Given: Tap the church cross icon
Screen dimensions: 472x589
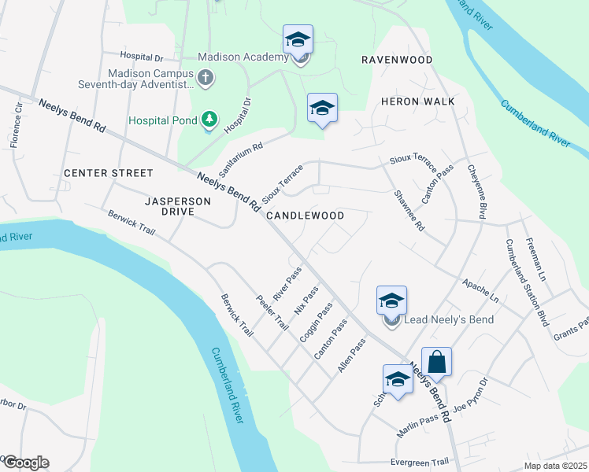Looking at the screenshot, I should point(205,77).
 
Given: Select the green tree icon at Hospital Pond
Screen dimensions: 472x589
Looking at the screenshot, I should point(209,120).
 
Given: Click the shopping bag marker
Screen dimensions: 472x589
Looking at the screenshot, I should point(437,363).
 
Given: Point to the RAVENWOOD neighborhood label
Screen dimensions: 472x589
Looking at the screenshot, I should point(397,60).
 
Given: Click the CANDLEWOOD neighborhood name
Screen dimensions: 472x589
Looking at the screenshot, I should point(305,215).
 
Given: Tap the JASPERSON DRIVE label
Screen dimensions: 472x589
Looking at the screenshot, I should point(178,207).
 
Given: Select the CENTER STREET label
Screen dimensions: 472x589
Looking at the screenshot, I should point(108,172).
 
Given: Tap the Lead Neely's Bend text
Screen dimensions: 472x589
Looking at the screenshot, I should point(448,319).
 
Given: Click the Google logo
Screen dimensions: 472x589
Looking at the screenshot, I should point(25,463).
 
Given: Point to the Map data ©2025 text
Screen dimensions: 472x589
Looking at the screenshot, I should point(555,466).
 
